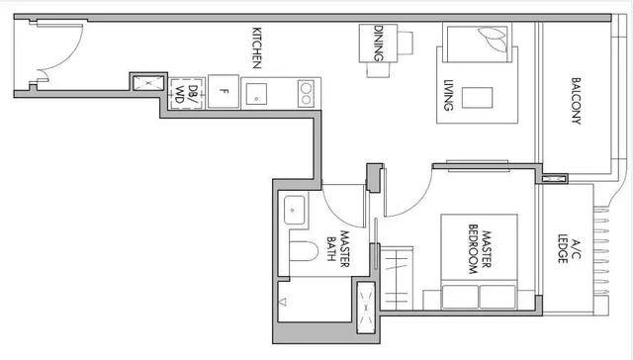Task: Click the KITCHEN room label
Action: [257, 48]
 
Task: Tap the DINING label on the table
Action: [379, 44]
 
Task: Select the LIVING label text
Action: [448, 95]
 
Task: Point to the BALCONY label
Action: [577, 101]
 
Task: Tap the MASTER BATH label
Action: [338, 248]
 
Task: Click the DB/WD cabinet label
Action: [187, 94]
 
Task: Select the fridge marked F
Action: [224, 92]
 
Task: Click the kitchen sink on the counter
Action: [256, 94]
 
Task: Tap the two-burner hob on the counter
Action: [306, 94]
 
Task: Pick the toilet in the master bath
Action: [304, 251]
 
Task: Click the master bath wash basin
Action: [295, 210]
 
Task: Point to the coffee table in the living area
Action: [477, 98]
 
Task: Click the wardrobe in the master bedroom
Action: [397, 279]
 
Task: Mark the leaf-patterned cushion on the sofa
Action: [493, 38]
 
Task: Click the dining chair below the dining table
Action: [378, 69]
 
